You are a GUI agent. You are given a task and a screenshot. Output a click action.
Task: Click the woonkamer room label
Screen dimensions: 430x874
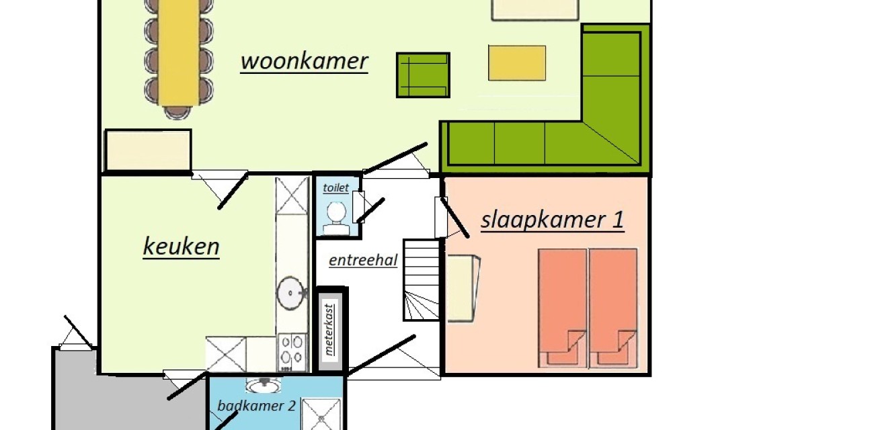(x=304, y=61)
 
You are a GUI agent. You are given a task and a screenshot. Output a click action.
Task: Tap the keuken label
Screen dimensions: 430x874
(x=181, y=247)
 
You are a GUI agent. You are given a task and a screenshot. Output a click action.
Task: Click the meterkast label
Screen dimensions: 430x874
(x=329, y=329)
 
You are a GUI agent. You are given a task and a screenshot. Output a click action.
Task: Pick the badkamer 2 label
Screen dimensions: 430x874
(x=256, y=406)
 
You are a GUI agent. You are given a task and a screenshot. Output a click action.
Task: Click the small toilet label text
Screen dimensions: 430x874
(x=335, y=187)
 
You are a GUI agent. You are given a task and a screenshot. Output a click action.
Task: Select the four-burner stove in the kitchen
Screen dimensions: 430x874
(x=292, y=353)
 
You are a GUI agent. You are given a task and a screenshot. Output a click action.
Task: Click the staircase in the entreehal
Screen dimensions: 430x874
(x=422, y=279)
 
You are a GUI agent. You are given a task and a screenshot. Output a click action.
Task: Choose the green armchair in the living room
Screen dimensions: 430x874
(x=422, y=75)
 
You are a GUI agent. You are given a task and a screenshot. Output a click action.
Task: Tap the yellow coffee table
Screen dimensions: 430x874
(x=516, y=62)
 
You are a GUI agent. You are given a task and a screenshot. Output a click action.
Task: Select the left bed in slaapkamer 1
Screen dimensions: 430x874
(x=562, y=308)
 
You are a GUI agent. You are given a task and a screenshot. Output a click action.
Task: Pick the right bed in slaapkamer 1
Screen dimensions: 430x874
(x=612, y=308)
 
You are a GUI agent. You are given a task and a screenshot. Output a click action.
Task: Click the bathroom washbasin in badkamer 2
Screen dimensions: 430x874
(x=263, y=386)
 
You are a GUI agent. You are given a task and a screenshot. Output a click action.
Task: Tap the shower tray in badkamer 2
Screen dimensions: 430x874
(x=321, y=414)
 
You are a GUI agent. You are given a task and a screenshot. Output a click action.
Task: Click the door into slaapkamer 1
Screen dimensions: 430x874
(x=452, y=218)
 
